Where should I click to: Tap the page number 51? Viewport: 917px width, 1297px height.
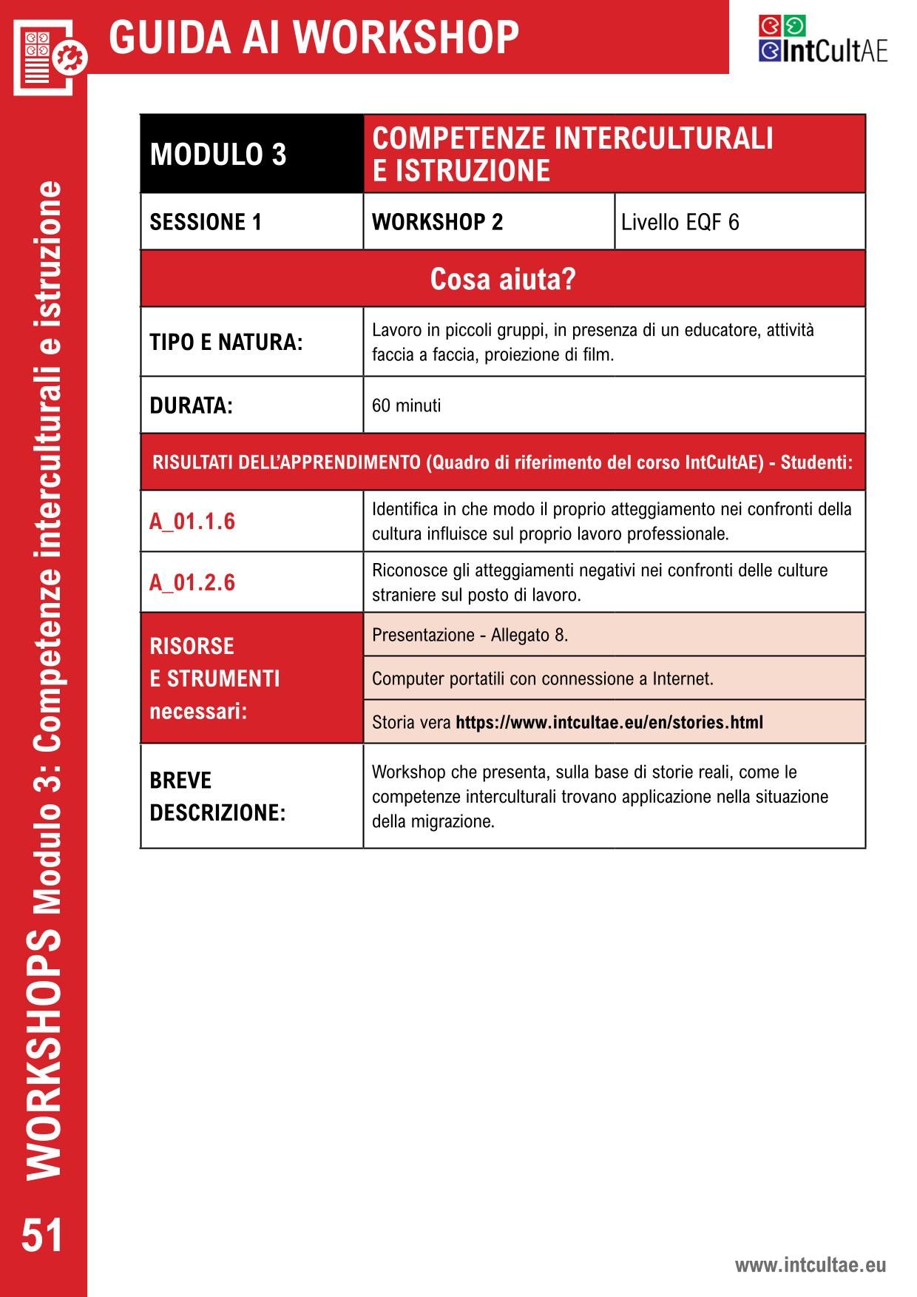tap(42, 1235)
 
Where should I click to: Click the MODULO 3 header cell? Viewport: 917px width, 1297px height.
tap(217, 154)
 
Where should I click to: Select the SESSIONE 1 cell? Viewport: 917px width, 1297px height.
tap(206, 222)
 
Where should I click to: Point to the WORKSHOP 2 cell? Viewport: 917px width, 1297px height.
tap(437, 222)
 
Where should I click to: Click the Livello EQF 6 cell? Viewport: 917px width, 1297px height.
tap(680, 222)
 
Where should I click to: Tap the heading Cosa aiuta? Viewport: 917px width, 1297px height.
tap(502, 279)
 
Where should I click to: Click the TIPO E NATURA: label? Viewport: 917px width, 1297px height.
tap(226, 343)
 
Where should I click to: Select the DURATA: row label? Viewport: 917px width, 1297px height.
tap(191, 405)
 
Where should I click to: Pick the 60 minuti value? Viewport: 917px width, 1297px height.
tap(406, 405)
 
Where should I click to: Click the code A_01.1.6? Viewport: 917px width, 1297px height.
tap(192, 522)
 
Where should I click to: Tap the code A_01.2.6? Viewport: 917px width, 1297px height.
tap(192, 583)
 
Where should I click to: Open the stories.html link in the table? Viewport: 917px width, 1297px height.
tap(609, 722)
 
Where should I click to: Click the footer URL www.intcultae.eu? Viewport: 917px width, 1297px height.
tap(810, 1264)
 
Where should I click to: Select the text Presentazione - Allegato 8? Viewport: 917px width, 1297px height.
tap(470, 635)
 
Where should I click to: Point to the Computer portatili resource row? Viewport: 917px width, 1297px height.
tap(542, 678)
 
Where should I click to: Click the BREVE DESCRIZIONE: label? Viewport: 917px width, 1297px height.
tap(217, 796)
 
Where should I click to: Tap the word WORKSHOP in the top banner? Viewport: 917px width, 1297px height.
tap(410, 37)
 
